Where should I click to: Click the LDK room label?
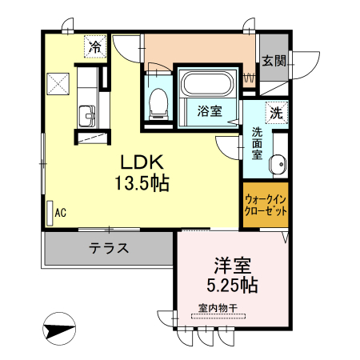pyautogui.click(x=142, y=162)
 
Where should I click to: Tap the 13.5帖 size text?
pyautogui.click(x=142, y=183)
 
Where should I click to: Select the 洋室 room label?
pyautogui.click(x=232, y=266)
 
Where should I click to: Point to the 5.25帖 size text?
pyautogui.click(x=232, y=285)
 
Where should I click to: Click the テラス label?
pyautogui.click(x=109, y=248)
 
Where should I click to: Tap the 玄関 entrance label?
pyautogui.click(x=274, y=61)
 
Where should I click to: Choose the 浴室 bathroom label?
pyautogui.click(x=210, y=111)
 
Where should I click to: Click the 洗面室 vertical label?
pyautogui.click(x=258, y=144)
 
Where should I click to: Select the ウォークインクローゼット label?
pyautogui.click(x=266, y=205)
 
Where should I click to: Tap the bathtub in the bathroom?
pyautogui.click(x=207, y=83)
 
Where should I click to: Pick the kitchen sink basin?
pyautogui.click(x=87, y=116)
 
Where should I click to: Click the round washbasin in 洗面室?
pyautogui.click(x=278, y=163)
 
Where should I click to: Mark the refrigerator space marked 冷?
pyautogui.click(x=95, y=46)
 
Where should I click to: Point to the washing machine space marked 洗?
pyautogui.click(x=277, y=113)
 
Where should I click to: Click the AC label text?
pyautogui.click(x=61, y=213)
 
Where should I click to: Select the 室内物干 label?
pyautogui.click(x=218, y=309)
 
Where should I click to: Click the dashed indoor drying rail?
pyautogui.click(x=218, y=316)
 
